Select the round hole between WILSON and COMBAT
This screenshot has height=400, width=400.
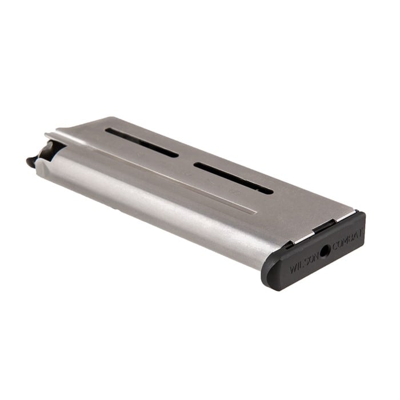325,251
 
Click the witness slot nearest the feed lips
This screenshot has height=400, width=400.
142,142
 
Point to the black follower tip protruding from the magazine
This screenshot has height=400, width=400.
32,162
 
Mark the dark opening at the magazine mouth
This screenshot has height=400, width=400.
49,150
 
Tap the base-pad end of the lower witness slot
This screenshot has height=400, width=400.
269,190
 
